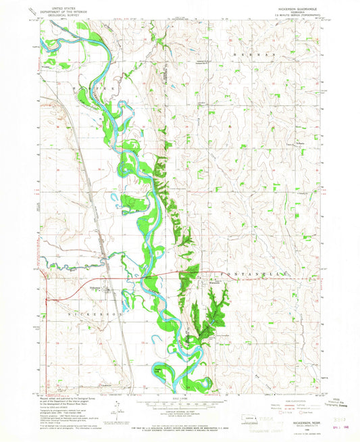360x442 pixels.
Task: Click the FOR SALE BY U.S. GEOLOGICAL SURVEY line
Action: coord(180,424)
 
